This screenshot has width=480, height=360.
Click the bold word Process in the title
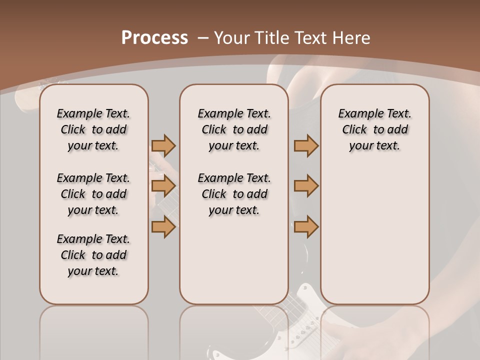click(154, 38)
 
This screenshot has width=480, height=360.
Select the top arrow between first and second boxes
click(163, 145)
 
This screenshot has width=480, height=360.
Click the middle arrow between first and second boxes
click(163, 186)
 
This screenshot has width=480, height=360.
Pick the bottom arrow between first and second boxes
click(163, 227)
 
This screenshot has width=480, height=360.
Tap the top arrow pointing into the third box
click(306, 145)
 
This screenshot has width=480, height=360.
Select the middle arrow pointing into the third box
click(306, 186)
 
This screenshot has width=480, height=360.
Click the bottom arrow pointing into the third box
click(306, 227)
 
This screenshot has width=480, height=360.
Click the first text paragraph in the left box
click(93, 129)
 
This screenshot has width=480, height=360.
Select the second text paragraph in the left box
click(93, 194)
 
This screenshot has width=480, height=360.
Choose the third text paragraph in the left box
click(93, 255)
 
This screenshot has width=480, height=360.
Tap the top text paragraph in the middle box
click(234, 129)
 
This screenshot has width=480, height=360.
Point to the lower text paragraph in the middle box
click(234, 194)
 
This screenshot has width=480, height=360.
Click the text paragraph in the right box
click(374, 129)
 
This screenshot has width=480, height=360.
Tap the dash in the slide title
click(203, 38)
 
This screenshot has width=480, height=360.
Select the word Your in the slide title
click(232, 38)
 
